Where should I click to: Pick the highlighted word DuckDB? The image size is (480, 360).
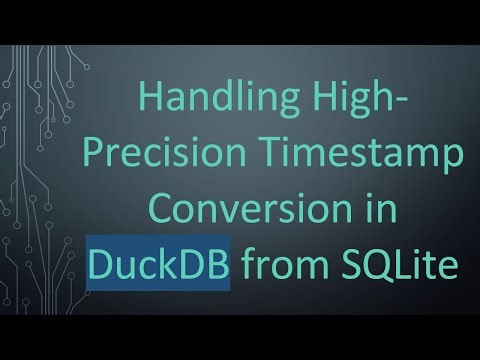click(158, 265)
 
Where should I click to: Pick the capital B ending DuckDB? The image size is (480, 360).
click(217, 265)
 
